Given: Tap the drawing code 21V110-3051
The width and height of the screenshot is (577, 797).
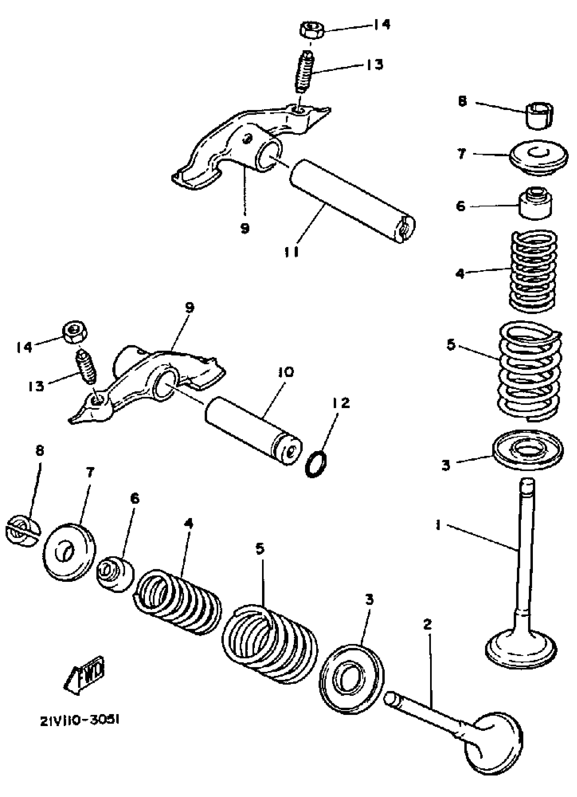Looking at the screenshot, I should [80, 720].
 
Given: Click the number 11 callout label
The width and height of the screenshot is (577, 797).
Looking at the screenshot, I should [292, 252].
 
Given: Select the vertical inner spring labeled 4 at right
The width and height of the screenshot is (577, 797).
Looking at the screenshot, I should [533, 271].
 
